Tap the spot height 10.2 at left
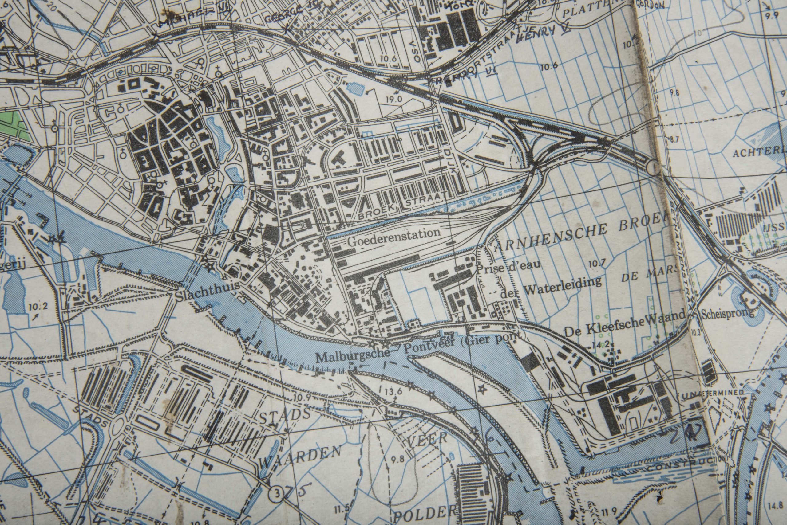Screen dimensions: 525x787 (x=38, y=306)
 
